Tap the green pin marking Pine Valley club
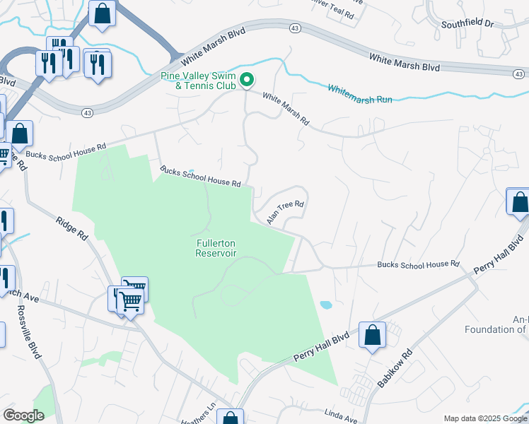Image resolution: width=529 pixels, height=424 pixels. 246,81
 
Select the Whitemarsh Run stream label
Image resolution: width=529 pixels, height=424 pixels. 359,94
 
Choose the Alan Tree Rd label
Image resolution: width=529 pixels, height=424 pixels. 285,213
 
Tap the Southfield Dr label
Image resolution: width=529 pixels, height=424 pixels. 467,23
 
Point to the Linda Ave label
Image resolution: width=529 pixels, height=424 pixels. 342,418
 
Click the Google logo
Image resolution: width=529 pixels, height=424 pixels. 23,416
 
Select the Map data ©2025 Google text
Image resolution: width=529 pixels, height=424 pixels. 484,418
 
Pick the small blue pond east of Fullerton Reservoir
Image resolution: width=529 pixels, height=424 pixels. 325,305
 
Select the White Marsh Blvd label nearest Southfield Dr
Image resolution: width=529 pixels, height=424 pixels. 404,62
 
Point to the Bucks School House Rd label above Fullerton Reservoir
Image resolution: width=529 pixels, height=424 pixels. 200,177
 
